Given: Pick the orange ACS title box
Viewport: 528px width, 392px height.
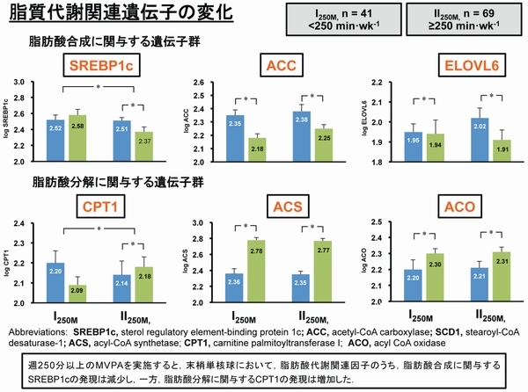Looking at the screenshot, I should click(278, 206).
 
